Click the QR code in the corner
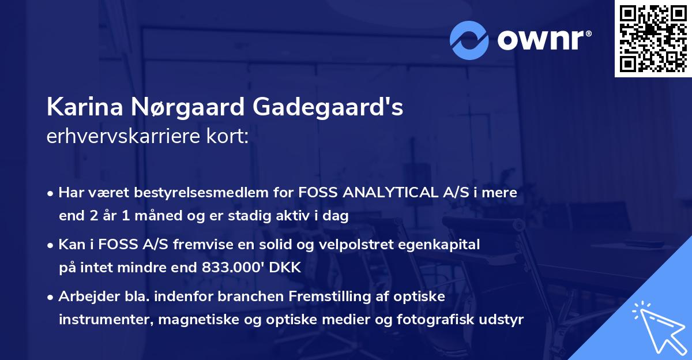coord(653,39)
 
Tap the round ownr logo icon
coord(468,40)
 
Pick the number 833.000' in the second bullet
coord(238,268)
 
